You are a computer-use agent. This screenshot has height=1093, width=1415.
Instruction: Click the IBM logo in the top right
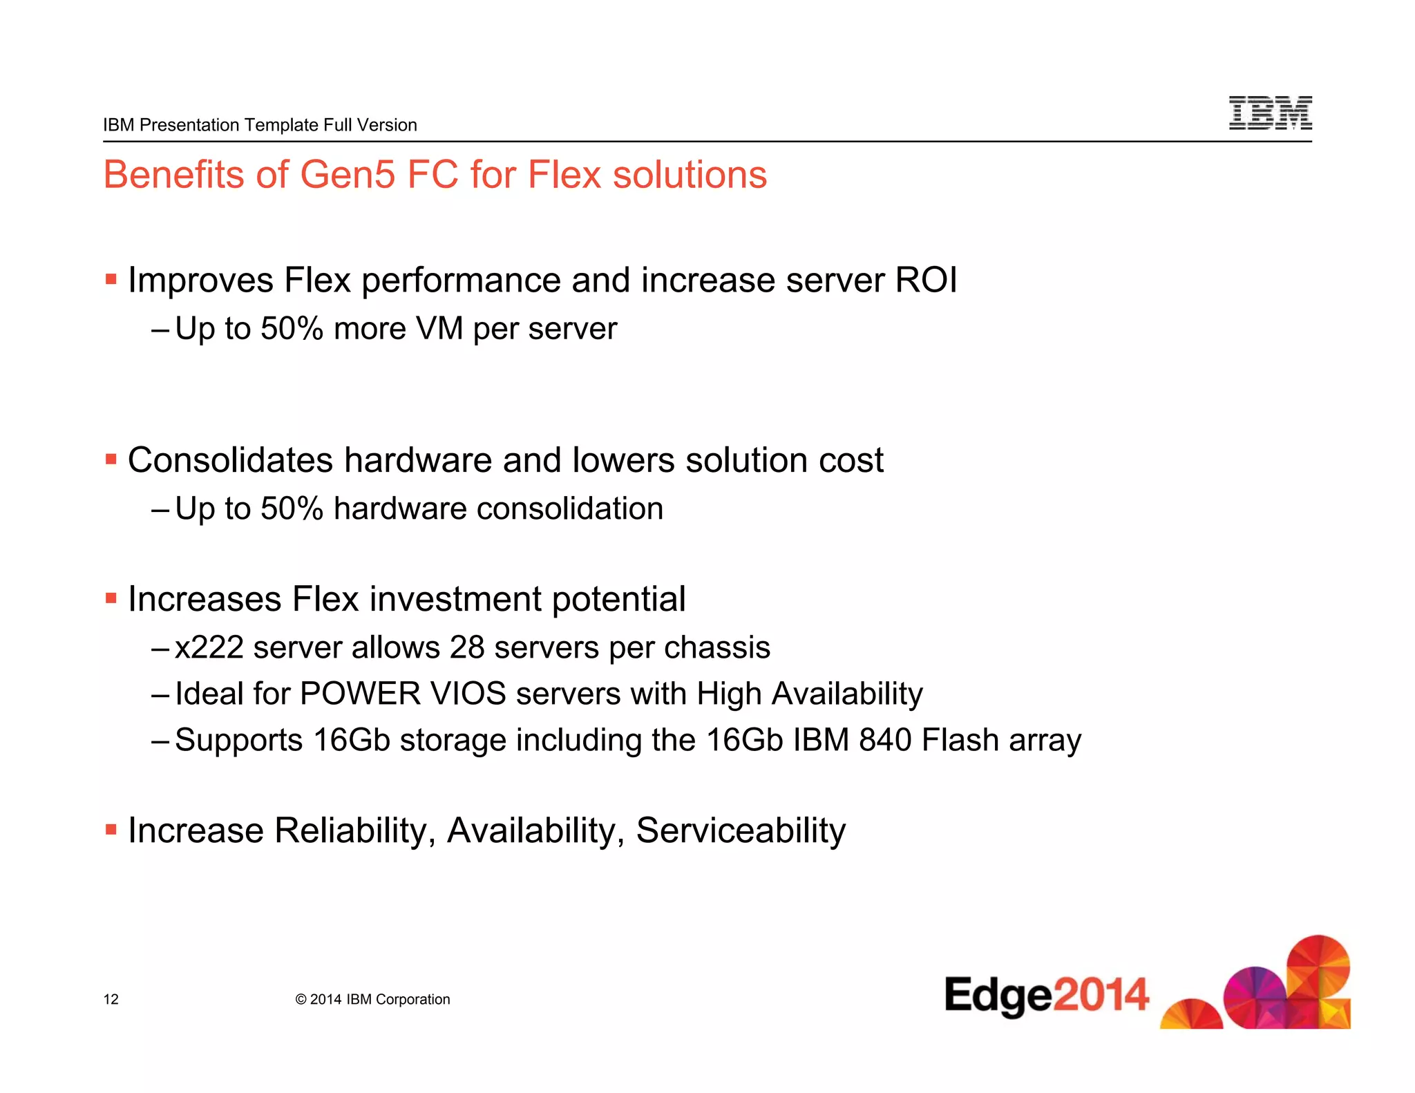(1270, 113)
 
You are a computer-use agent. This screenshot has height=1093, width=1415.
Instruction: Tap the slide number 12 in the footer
(111, 999)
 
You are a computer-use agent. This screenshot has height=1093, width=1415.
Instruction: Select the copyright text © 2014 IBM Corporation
(372, 999)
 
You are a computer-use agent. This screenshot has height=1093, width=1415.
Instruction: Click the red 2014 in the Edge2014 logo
(1101, 995)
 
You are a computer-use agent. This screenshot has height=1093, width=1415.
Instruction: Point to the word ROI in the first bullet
(926, 281)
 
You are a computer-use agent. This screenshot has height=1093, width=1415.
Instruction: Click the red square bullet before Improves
(111, 280)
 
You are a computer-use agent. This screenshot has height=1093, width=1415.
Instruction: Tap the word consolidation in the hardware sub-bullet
(569, 509)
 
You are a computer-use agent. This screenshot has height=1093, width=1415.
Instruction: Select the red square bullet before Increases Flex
(111, 598)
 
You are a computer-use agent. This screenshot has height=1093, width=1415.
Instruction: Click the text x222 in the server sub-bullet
(209, 648)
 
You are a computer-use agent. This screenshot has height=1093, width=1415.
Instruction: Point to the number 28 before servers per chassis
(467, 648)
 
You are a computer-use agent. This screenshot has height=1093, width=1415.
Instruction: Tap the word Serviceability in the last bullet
(740, 830)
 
